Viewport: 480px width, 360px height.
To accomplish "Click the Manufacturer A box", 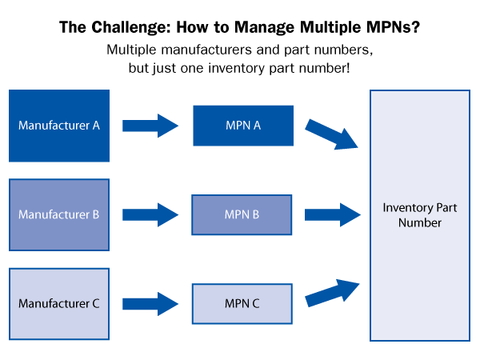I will pyautogui.click(x=58, y=126).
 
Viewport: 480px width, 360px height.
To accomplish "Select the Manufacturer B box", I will pyautogui.click(x=58, y=214).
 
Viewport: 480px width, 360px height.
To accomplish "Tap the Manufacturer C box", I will pyautogui.click(x=58, y=303).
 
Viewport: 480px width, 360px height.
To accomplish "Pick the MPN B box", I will pyautogui.click(x=241, y=214).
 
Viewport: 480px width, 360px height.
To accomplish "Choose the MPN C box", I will pyautogui.click(x=241, y=303).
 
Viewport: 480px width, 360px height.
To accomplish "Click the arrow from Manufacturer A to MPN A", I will pyautogui.click(x=150, y=126).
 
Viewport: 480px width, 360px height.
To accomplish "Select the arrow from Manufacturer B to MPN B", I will pyautogui.click(x=150, y=214).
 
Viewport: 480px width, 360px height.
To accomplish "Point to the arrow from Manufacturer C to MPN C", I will pyautogui.click(x=150, y=304).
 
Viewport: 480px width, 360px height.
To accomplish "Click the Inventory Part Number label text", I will pyautogui.click(x=419, y=215).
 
